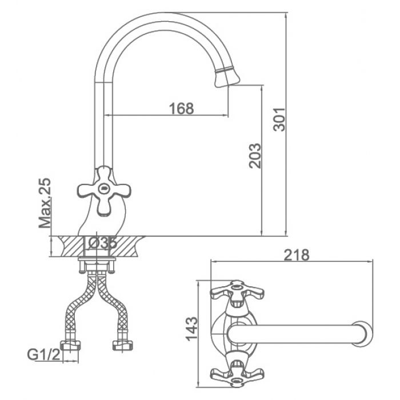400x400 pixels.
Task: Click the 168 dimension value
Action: click(182, 108)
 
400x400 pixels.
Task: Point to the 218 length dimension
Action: click(297, 255)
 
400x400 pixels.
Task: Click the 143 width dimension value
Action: click(193, 329)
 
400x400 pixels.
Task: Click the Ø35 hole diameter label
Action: click(102, 243)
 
